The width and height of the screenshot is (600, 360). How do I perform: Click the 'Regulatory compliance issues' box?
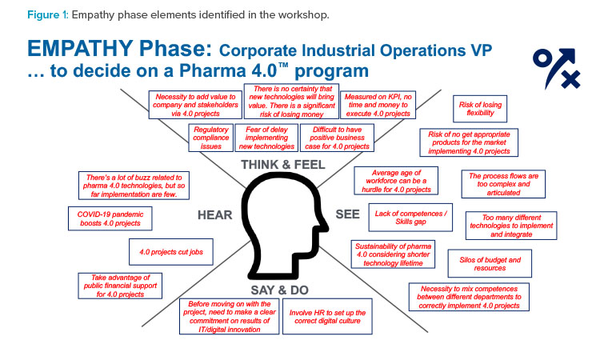(211, 138)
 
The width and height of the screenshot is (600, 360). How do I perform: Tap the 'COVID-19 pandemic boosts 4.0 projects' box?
(110, 219)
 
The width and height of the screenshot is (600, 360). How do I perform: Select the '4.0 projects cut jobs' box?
(171, 252)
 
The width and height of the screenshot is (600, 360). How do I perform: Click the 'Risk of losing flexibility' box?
(480, 109)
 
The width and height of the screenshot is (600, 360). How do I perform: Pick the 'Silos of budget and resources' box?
(490, 263)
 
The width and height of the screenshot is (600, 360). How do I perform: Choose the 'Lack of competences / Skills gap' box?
(410, 218)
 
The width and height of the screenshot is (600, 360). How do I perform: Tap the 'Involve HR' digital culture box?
(327, 316)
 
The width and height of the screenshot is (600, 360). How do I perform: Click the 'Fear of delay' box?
(266, 138)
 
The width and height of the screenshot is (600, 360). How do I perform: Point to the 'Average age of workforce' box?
(396, 181)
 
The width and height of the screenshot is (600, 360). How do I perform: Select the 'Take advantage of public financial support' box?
(120, 286)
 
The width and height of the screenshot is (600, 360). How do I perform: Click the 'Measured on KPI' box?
(378, 105)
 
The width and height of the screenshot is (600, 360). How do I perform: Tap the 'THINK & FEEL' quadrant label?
(283, 165)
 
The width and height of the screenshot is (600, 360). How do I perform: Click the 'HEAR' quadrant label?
(214, 215)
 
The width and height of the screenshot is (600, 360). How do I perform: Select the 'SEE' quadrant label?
(347, 214)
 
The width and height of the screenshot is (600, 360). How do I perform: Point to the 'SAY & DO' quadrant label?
(280, 290)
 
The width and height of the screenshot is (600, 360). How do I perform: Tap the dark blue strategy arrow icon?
(557, 68)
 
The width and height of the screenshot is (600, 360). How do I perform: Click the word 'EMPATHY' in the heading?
(79, 49)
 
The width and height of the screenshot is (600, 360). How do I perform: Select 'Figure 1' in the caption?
(47, 15)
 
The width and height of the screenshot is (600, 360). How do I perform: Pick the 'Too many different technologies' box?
(511, 226)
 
